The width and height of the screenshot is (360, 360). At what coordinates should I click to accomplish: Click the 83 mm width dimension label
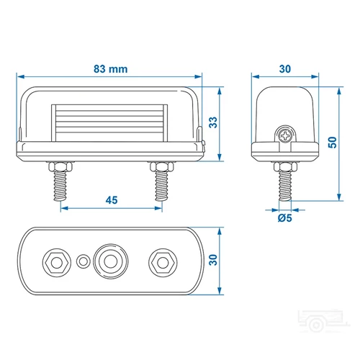coord(110,69)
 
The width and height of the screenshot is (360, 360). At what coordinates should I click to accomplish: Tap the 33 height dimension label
coord(212,122)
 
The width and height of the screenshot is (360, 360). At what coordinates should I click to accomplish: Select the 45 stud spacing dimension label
coord(111,201)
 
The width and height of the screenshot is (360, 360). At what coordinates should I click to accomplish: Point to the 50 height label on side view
coord(331,143)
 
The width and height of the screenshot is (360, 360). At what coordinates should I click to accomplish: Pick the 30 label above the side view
coord(285,69)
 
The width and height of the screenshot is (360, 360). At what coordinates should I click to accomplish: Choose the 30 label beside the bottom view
coord(212,261)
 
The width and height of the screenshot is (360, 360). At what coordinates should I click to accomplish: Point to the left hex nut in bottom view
coord(55,260)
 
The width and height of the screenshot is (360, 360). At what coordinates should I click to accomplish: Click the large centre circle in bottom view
coord(110,260)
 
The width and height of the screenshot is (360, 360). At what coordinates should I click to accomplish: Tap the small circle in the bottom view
coord(84,260)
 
